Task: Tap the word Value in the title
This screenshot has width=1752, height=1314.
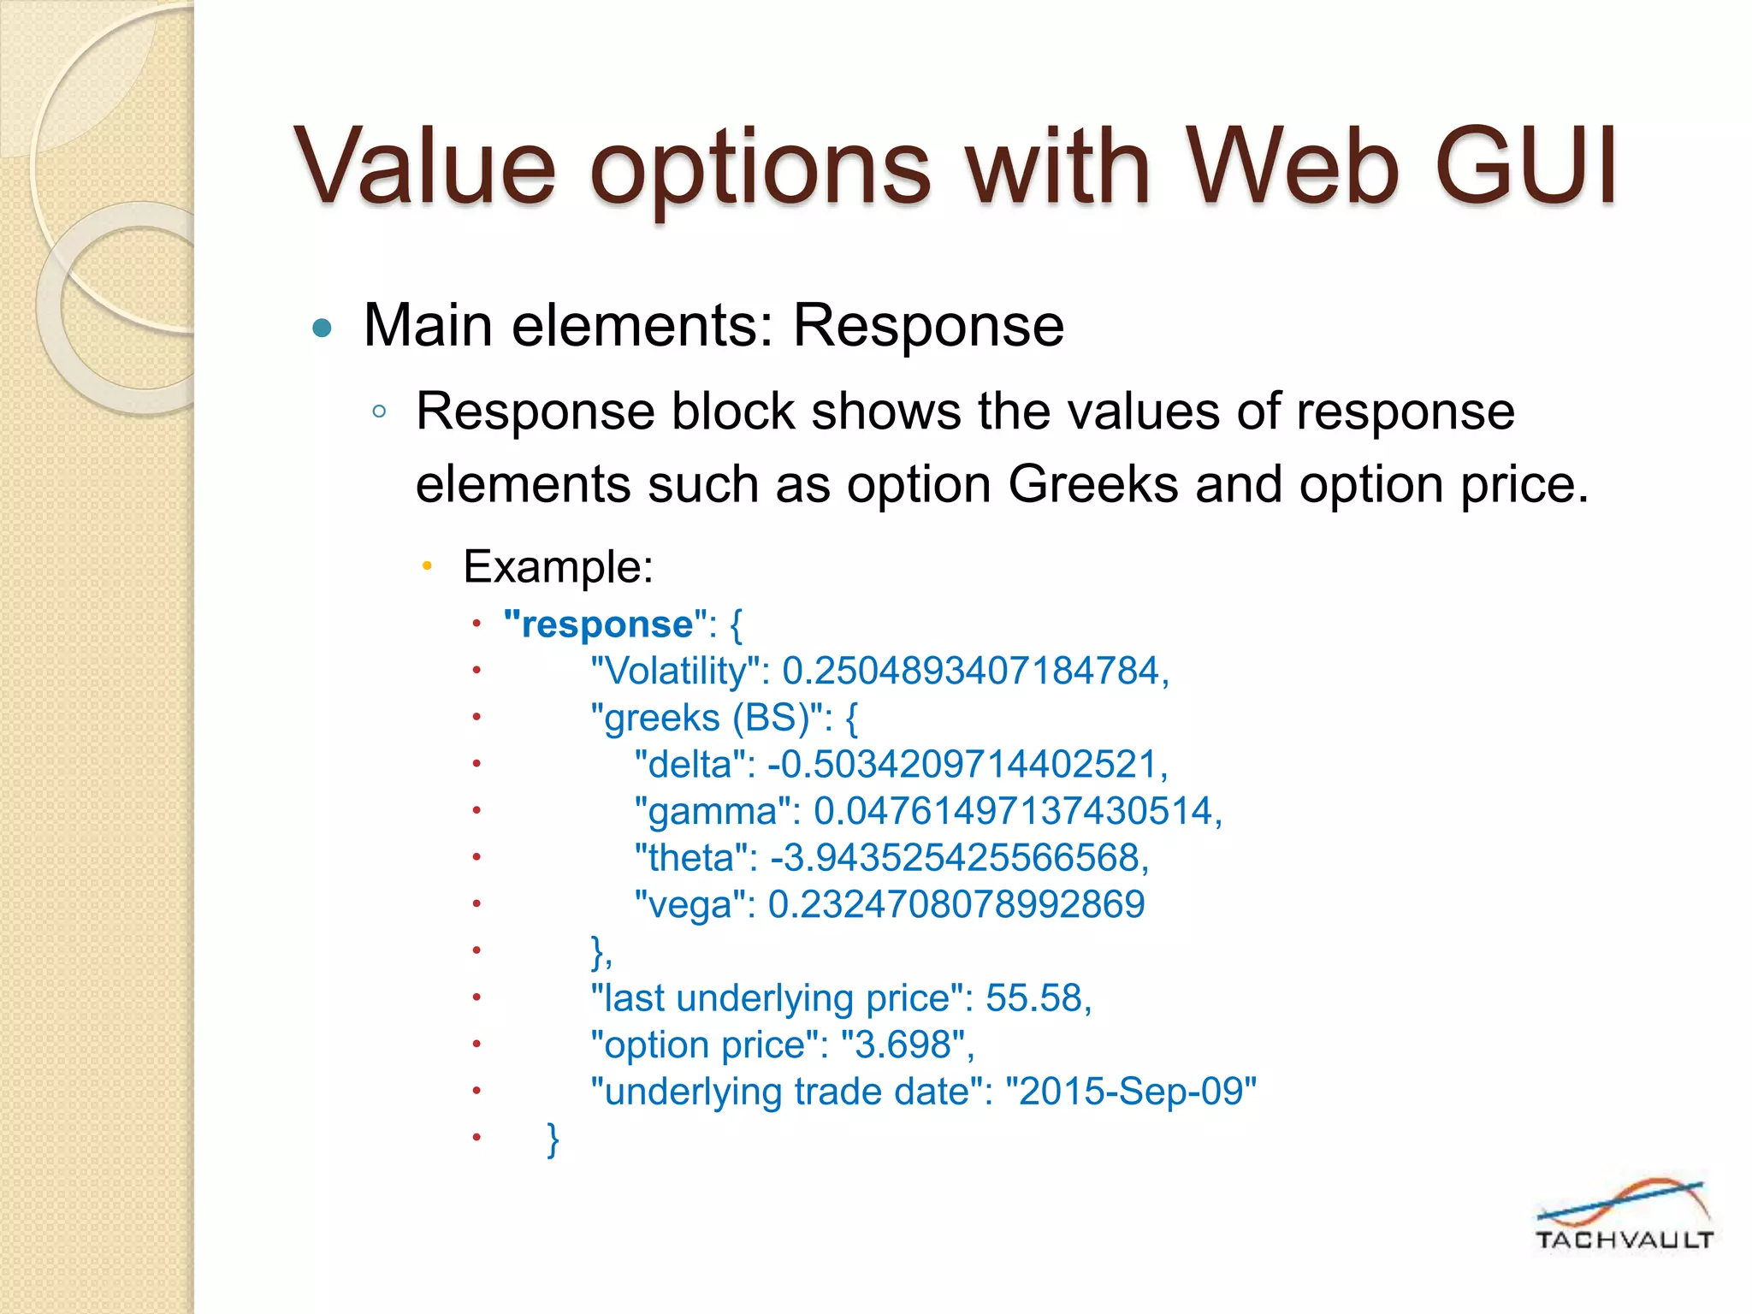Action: tap(425, 167)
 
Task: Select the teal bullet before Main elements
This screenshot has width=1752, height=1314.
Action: tap(322, 328)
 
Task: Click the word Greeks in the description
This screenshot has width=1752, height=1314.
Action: tap(1093, 485)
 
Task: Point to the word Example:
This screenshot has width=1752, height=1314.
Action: tap(558, 566)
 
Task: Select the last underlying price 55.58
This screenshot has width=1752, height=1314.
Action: tap(1038, 998)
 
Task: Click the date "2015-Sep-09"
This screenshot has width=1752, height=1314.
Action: tap(1130, 1092)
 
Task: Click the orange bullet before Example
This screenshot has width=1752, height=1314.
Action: tap(428, 566)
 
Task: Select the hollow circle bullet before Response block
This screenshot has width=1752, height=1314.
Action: tap(379, 412)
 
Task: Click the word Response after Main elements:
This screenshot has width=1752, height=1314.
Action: tap(928, 326)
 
